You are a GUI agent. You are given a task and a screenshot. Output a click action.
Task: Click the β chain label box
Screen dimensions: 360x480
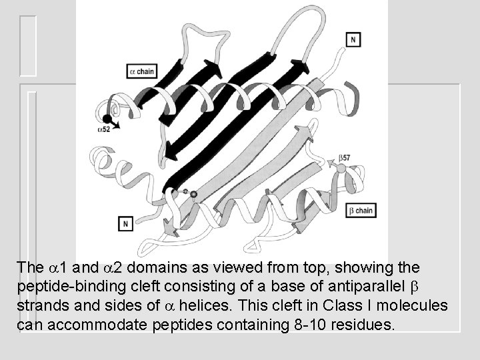coord(361,211)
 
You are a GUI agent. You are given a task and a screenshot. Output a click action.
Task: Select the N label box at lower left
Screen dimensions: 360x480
coord(125,223)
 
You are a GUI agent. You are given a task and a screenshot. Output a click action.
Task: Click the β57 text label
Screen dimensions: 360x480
coord(345,158)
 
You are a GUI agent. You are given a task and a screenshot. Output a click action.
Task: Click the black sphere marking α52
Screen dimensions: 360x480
coord(107,119)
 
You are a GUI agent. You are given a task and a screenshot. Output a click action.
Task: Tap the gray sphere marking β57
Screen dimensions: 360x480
coord(341,169)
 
